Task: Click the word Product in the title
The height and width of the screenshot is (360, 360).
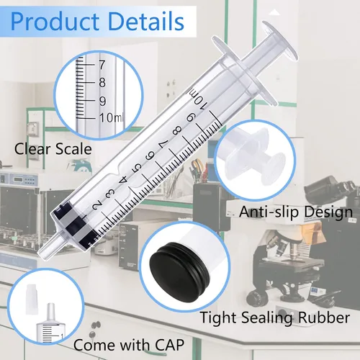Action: [55, 22]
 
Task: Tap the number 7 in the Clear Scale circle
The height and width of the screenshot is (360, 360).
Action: [102, 65]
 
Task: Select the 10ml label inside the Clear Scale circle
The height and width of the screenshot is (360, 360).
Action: [111, 117]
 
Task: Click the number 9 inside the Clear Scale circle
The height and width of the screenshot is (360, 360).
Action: [102, 101]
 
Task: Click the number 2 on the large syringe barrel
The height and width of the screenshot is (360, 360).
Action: [96, 206]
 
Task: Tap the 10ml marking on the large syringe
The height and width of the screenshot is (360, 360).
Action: [196, 99]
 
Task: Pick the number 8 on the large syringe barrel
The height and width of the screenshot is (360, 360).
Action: [177, 130]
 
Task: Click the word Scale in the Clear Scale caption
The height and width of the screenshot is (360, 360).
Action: [73, 149]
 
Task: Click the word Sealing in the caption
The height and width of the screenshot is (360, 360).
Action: [267, 318]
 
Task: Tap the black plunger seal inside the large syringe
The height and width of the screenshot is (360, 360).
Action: [74, 225]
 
